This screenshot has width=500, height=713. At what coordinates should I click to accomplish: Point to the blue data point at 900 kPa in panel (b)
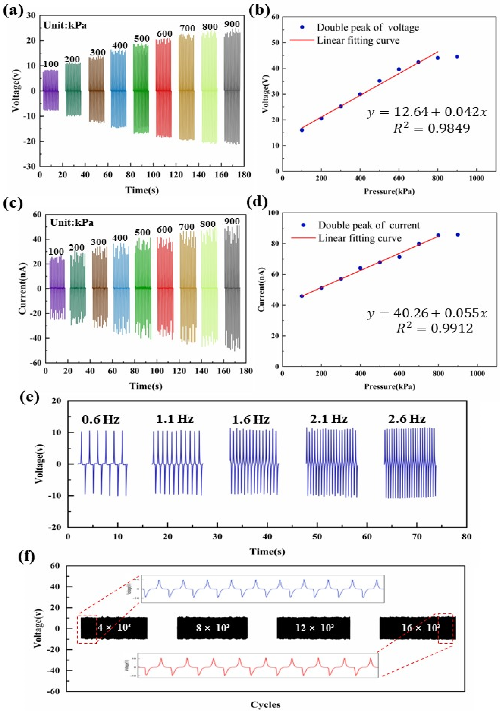point(457,57)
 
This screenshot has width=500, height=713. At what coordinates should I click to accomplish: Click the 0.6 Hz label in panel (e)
point(101,420)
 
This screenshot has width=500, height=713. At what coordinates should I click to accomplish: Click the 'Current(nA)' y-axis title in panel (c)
point(23,288)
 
